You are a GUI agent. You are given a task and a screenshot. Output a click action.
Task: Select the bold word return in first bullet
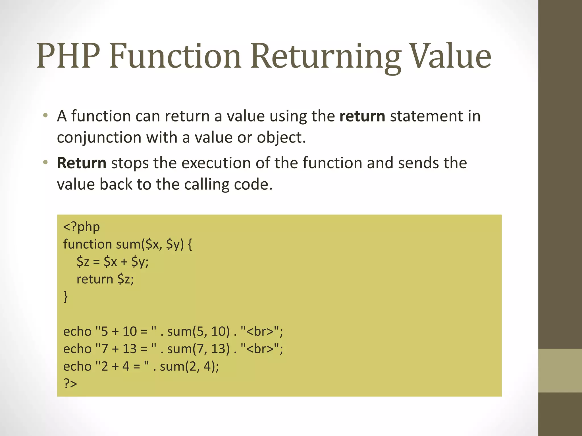pos(362,116)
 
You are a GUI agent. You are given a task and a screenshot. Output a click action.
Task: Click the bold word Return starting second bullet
pos(82,163)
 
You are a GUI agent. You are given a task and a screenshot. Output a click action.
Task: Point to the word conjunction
pos(99,138)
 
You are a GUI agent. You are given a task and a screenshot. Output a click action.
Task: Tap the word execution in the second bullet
pos(216,163)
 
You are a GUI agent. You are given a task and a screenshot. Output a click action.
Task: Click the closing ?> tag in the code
pos(70,383)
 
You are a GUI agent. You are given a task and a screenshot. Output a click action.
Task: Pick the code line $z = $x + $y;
pos(113,262)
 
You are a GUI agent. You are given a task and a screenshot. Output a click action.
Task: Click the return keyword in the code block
pos(95,279)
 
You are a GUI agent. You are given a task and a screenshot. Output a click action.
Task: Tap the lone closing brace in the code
pos(66,297)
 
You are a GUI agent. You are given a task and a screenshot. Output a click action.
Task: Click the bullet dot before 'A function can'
pos(45,116)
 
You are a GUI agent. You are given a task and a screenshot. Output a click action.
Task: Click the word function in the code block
pos(88,244)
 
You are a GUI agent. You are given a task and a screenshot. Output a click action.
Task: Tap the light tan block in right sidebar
pos(560,371)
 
